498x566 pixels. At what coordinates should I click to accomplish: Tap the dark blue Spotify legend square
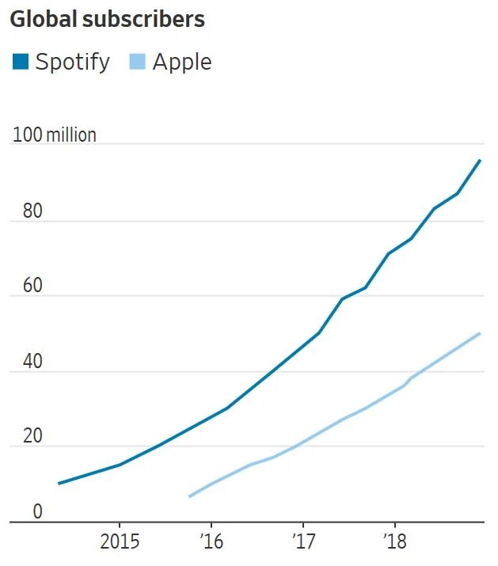tap(20, 62)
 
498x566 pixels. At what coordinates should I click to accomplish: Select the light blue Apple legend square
tap(137, 62)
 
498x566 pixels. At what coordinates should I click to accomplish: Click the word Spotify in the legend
tap(72, 62)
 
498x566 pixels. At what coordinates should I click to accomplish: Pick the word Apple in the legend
tap(182, 62)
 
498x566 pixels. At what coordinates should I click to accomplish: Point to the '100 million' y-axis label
tap(54, 135)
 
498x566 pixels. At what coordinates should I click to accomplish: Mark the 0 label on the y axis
tap(36, 512)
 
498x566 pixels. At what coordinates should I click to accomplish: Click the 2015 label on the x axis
tap(120, 543)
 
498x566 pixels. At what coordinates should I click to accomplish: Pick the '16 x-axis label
tap(211, 543)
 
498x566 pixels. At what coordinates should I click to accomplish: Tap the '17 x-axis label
tap(302, 543)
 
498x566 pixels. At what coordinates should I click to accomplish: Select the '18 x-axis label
tap(393, 543)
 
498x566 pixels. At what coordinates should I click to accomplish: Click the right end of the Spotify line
tap(480, 160)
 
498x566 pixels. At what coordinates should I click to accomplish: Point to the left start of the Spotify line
tap(59, 483)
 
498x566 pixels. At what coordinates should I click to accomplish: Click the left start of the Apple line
tap(189, 496)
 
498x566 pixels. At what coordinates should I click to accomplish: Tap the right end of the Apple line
tap(480, 333)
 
